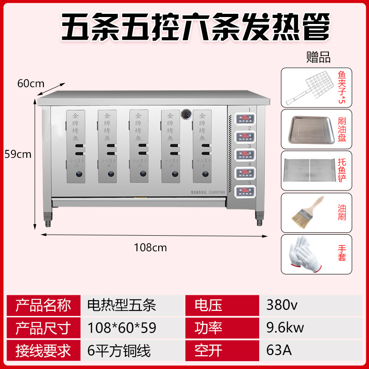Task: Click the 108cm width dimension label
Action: (150, 248)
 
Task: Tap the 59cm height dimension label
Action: (17, 154)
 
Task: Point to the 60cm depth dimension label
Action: (30, 83)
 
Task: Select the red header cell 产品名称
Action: (43, 305)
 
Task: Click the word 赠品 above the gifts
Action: (318, 58)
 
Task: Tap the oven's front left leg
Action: (47, 219)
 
